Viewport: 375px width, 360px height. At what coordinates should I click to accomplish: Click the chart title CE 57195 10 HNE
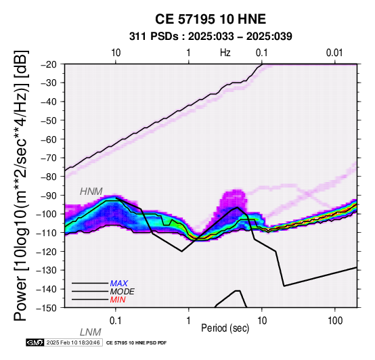211,19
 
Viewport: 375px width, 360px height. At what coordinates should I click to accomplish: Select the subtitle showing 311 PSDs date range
211,37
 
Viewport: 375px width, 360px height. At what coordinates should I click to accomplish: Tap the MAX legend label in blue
119,284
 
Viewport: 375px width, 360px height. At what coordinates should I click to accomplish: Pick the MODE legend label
123,292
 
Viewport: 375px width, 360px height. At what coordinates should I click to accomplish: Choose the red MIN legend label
118,300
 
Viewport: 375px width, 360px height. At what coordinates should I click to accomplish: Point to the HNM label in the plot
91,192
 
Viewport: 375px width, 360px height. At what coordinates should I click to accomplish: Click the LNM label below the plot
91,332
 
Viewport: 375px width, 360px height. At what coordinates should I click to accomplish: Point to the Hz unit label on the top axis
225,53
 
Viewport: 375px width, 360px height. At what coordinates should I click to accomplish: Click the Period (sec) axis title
225,328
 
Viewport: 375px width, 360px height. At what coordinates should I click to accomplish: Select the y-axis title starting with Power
21,185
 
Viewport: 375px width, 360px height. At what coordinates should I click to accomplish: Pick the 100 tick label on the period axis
335,321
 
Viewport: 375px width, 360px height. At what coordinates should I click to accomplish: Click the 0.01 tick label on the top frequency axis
334,53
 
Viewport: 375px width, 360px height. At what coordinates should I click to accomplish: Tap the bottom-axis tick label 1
189,321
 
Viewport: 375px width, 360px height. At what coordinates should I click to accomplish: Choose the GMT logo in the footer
35,342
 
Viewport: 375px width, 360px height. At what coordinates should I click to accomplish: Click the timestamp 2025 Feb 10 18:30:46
73,342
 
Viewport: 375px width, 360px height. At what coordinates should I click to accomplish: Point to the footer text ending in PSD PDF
136,343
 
